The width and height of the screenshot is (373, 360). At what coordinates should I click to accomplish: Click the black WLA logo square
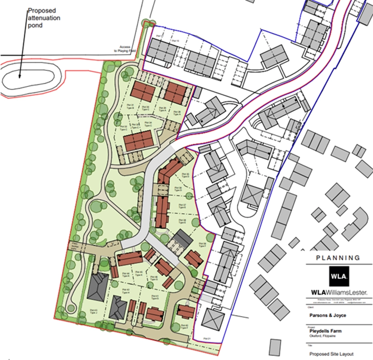pos(338,275)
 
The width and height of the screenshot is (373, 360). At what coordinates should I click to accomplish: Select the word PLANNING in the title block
pos(338,258)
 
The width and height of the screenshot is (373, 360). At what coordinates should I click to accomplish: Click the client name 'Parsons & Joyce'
pos(328,315)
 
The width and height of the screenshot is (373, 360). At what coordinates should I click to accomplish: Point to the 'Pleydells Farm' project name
pos(325,331)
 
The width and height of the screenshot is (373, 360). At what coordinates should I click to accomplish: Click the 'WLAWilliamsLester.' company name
pos(338,292)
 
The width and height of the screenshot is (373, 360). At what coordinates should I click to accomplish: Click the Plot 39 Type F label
pos(202,244)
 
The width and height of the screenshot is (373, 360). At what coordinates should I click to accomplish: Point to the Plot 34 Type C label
pos(148,124)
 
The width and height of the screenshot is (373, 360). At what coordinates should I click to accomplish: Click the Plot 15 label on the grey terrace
pos(176,41)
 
